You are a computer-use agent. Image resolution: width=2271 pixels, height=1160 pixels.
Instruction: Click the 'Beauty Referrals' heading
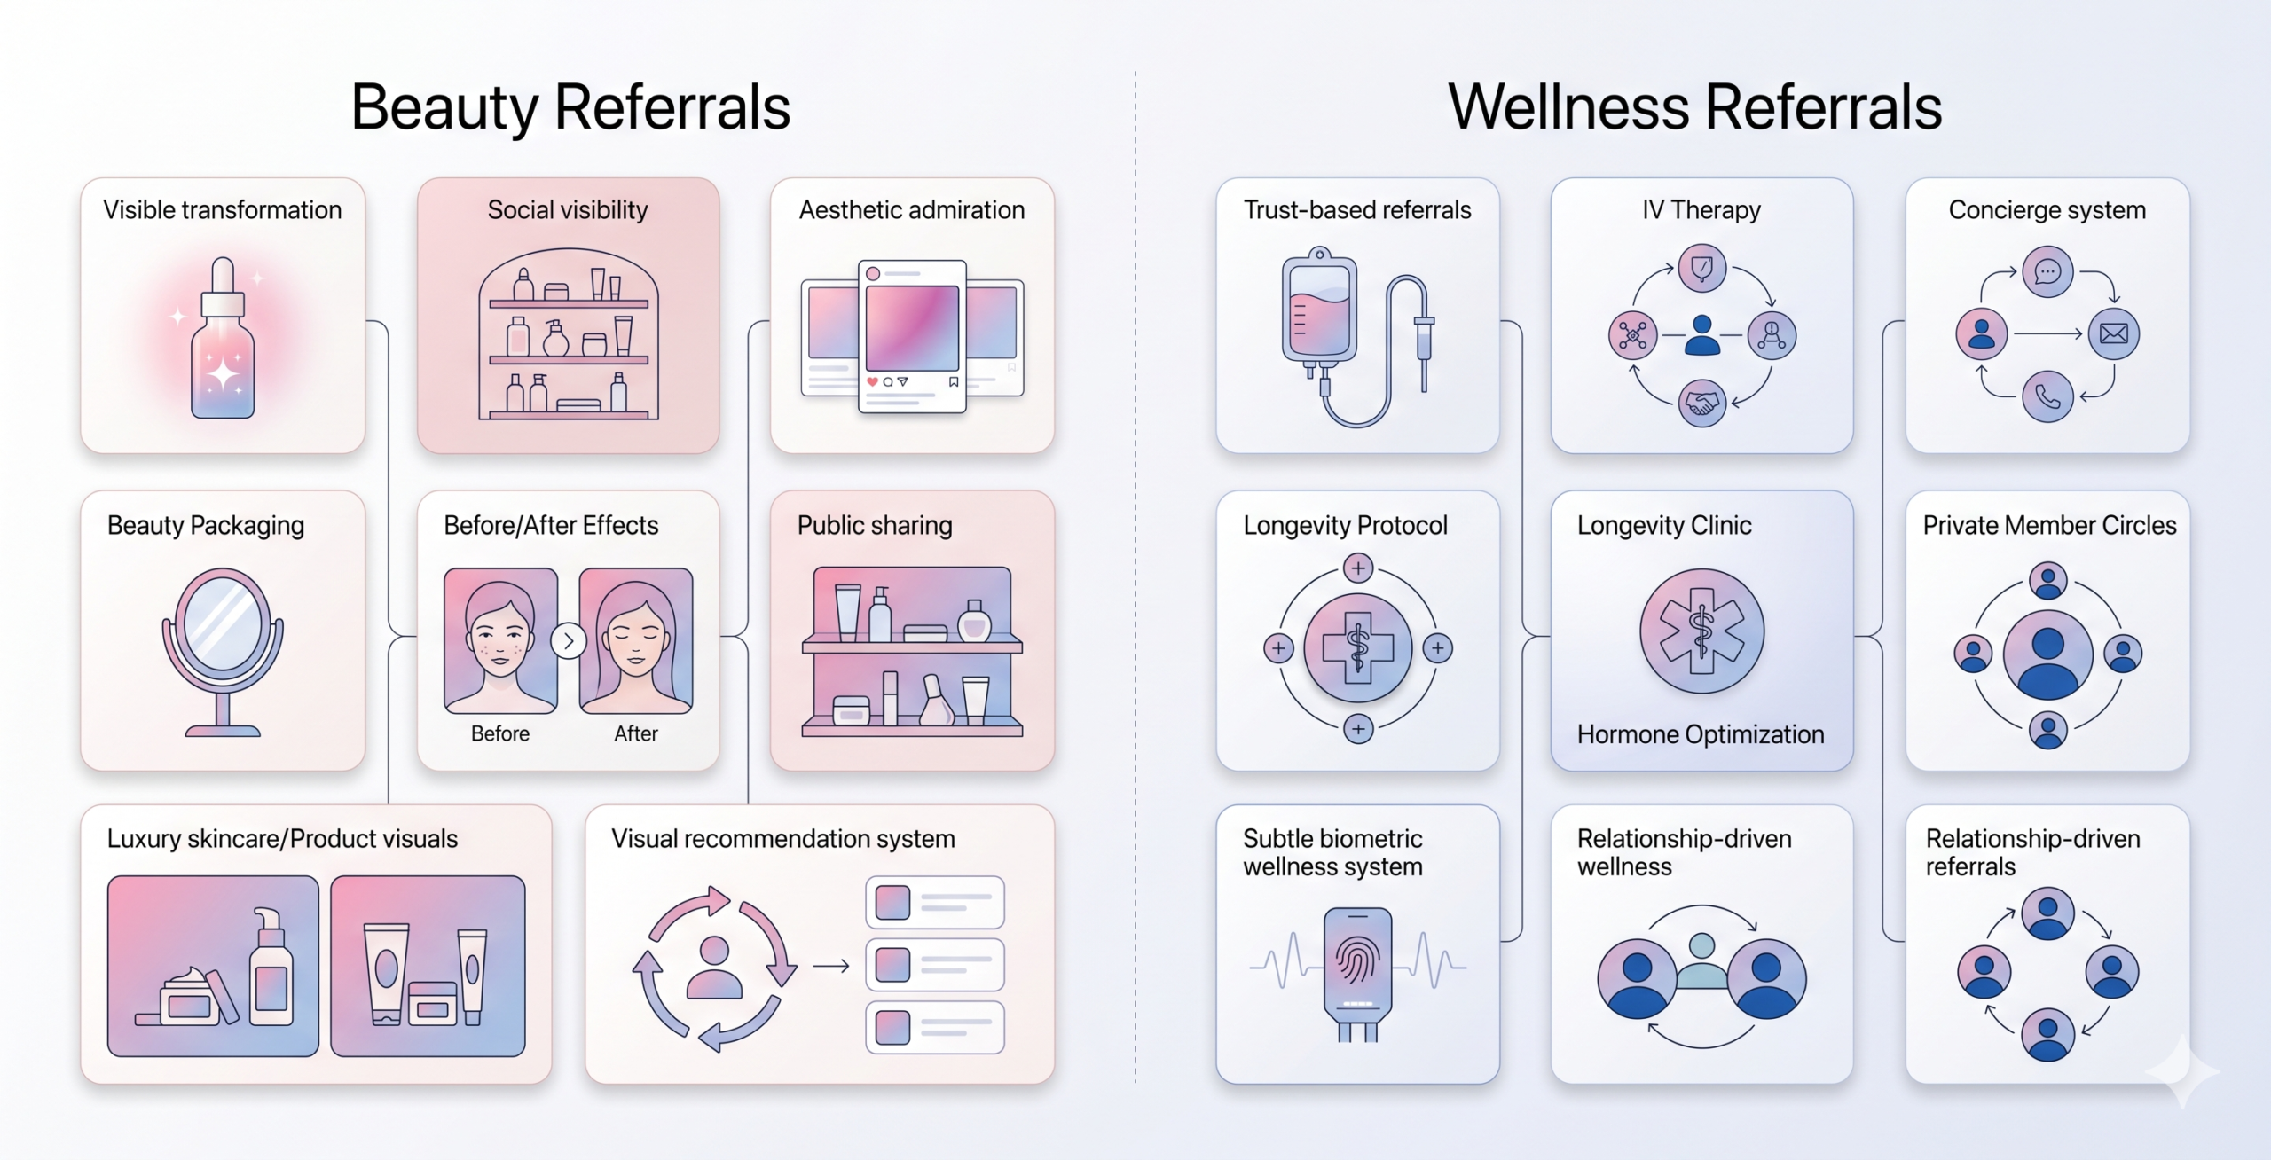click(570, 107)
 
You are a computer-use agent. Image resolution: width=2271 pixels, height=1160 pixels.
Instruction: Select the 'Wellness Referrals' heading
click(1694, 107)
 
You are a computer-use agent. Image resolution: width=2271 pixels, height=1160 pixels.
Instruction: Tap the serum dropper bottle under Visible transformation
click(223, 338)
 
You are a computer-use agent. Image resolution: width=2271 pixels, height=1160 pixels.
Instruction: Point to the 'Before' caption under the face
click(500, 733)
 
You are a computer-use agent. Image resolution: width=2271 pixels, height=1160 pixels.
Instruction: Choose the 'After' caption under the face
click(636, 733)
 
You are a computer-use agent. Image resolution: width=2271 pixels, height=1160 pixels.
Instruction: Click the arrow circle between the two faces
click(569, 640)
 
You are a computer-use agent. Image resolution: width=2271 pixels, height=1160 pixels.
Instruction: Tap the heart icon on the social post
click(872, 381)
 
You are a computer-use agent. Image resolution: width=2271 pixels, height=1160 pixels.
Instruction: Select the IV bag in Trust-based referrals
click(1319, 310)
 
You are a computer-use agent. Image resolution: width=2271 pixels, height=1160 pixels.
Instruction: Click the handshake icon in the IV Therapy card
click(1701, 404)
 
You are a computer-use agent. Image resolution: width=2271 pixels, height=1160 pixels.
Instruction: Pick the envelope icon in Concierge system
click(2114, 333)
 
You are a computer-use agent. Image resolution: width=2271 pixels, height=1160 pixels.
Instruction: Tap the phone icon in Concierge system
click(2047, 396)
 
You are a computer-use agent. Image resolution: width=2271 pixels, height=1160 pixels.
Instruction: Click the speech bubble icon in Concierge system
click(2047, 271)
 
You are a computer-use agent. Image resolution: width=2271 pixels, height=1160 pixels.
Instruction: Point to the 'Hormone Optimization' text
click(1701, 734)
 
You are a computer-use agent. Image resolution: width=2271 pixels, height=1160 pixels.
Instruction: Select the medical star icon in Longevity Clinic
click(1701, 631)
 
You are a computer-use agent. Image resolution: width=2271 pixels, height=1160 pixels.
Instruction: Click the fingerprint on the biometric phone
click(1357, 962)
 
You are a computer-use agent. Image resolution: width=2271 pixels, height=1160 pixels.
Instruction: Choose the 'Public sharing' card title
click(875, 525)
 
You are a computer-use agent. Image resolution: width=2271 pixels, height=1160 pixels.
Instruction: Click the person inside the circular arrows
click(715, 968)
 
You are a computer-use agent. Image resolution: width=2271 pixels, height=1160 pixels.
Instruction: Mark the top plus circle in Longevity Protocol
click(1357, 568)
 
